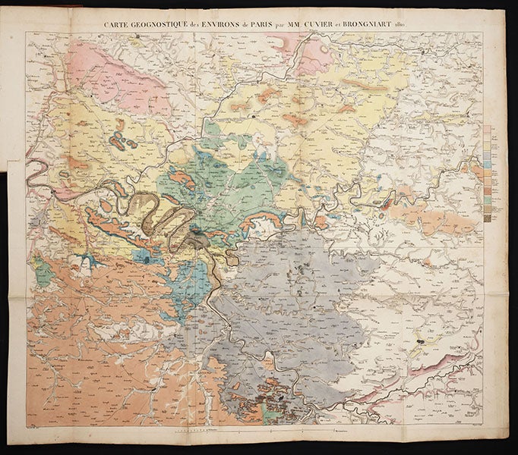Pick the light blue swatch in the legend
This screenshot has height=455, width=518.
point(487,162)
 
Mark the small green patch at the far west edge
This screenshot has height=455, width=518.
point(44,273)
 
